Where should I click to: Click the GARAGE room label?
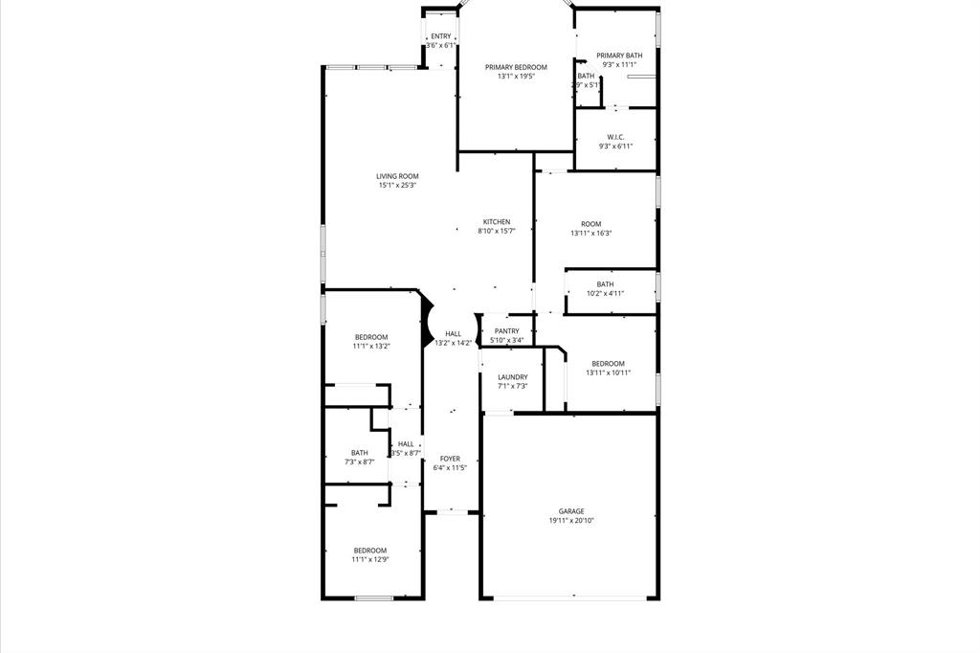point(571,511)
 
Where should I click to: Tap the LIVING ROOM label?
point(397,176)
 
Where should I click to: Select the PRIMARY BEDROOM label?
point(516,67)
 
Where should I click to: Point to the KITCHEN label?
point(497,222)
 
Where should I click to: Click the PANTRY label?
point(506,331)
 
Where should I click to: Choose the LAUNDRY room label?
point(512,377)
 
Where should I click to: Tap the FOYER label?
point(450,459)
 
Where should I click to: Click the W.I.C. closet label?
point(615,137)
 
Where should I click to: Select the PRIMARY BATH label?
point(619,56)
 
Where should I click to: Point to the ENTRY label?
point(440,36)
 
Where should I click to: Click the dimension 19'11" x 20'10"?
point(571,521)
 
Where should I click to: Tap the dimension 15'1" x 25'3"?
point(397,186)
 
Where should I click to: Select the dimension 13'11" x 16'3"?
point(590,233)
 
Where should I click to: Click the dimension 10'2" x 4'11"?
point(605,294)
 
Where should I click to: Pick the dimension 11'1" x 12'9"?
point(370,560)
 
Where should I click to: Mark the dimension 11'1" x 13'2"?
point(371,346)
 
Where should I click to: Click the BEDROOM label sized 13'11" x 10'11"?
point(608,363)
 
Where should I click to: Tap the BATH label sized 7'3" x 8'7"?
point(359,453)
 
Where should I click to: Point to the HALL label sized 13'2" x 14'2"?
point(453,333)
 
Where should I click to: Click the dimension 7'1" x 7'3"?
point(512,387)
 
